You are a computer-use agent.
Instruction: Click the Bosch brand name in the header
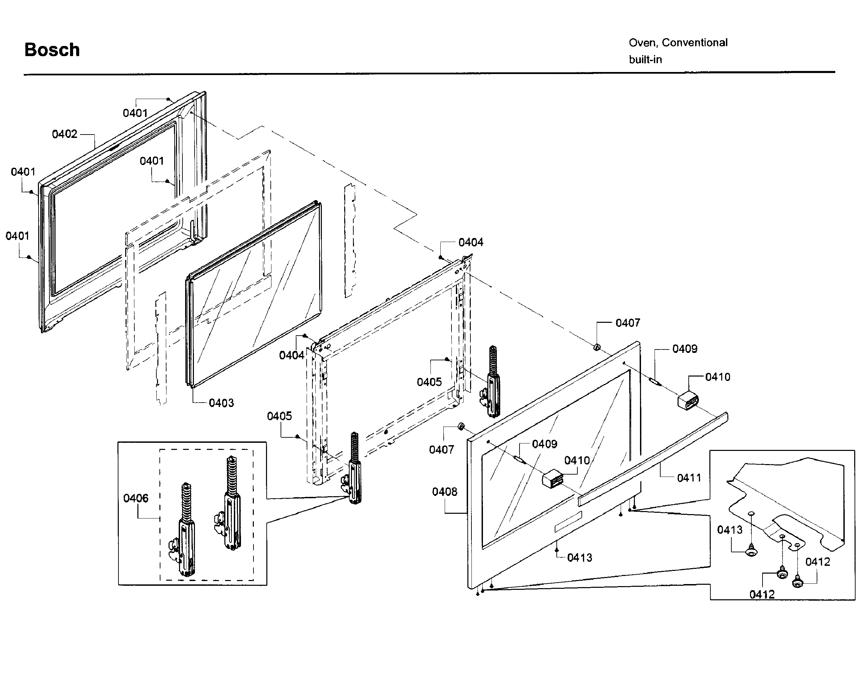[52, 50]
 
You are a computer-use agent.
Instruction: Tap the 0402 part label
[65, 135]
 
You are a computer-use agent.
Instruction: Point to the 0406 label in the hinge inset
[136, 498]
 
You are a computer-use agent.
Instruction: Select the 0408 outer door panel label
[444, 492]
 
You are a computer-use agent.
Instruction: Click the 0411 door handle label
[689, 478]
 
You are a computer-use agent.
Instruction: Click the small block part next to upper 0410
[688, 401]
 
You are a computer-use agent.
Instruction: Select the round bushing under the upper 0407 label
[597, 347]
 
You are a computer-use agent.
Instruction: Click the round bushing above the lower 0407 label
[461, 427]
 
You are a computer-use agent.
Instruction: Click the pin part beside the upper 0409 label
[655, 381]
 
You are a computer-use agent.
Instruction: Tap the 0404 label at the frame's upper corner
[471, 243]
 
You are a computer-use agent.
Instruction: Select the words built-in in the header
[645, 60]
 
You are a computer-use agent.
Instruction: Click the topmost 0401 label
[135, 114]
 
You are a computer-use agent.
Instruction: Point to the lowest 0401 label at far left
[17, 236]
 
